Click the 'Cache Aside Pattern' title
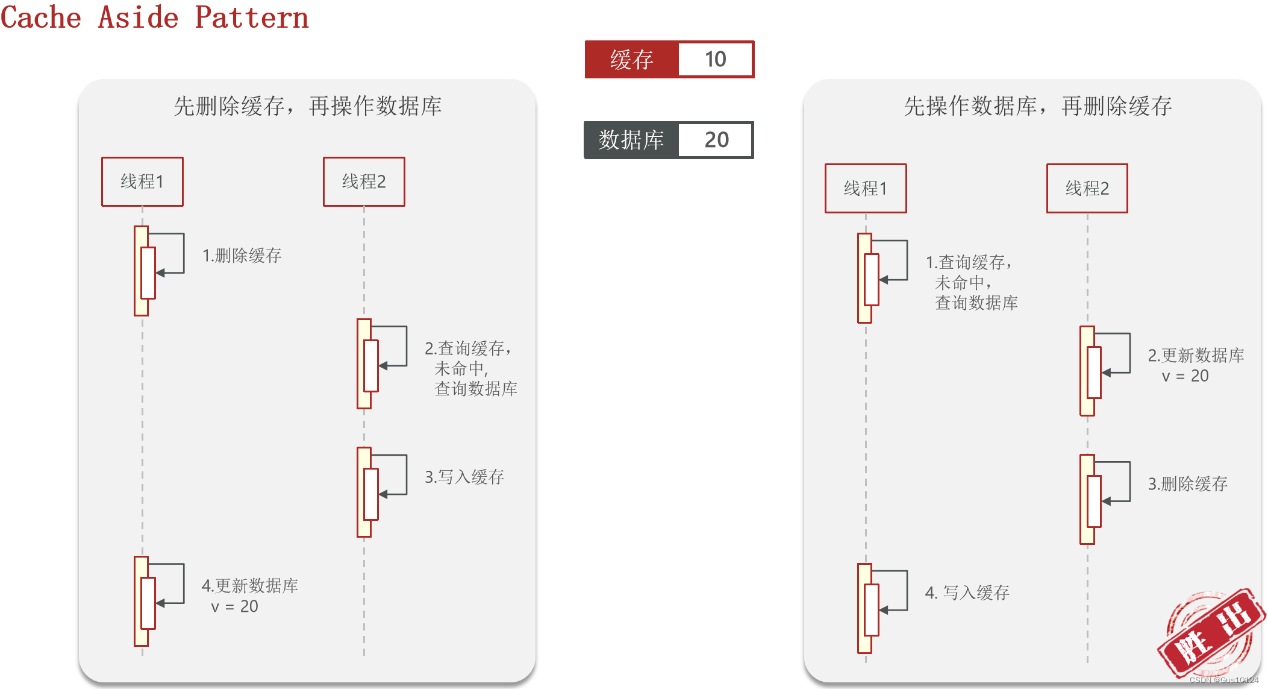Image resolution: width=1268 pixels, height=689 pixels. [x=154, y=17]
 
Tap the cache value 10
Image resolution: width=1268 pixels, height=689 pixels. [x=716, y=59]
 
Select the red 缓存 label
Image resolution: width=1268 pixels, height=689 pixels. [x=631, y=59]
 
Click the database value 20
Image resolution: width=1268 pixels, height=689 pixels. [x=716, y=140]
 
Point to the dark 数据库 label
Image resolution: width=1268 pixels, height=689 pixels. [x=631, y=140]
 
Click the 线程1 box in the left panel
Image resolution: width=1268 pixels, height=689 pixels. [x=142, y=181]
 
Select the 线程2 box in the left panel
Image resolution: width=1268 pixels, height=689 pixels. [x=364, y=181]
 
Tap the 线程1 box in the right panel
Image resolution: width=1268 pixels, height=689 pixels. [x=866, y=188]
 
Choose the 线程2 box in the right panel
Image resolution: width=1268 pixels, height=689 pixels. [x=1087, y=188]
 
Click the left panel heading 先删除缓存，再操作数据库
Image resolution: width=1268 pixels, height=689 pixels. [x=307, y=106]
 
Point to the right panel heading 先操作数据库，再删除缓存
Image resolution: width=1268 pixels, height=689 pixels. [x=1037, y=106]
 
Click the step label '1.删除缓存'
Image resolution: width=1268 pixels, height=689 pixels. [x=242, y=256]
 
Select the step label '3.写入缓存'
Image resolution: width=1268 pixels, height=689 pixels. [x=464, y=477]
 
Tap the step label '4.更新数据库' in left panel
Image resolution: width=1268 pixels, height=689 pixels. [x=250, y=586]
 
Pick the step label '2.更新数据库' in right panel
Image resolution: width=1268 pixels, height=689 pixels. [x=1196, y=356]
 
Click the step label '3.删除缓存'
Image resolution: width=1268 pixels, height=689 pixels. [x=1187, y=483]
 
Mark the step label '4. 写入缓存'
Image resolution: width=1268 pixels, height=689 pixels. [x=967, y=593]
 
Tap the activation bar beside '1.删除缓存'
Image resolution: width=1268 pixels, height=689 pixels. [x=142, y=271]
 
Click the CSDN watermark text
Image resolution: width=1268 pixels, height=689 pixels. [x=1223, y=680]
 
